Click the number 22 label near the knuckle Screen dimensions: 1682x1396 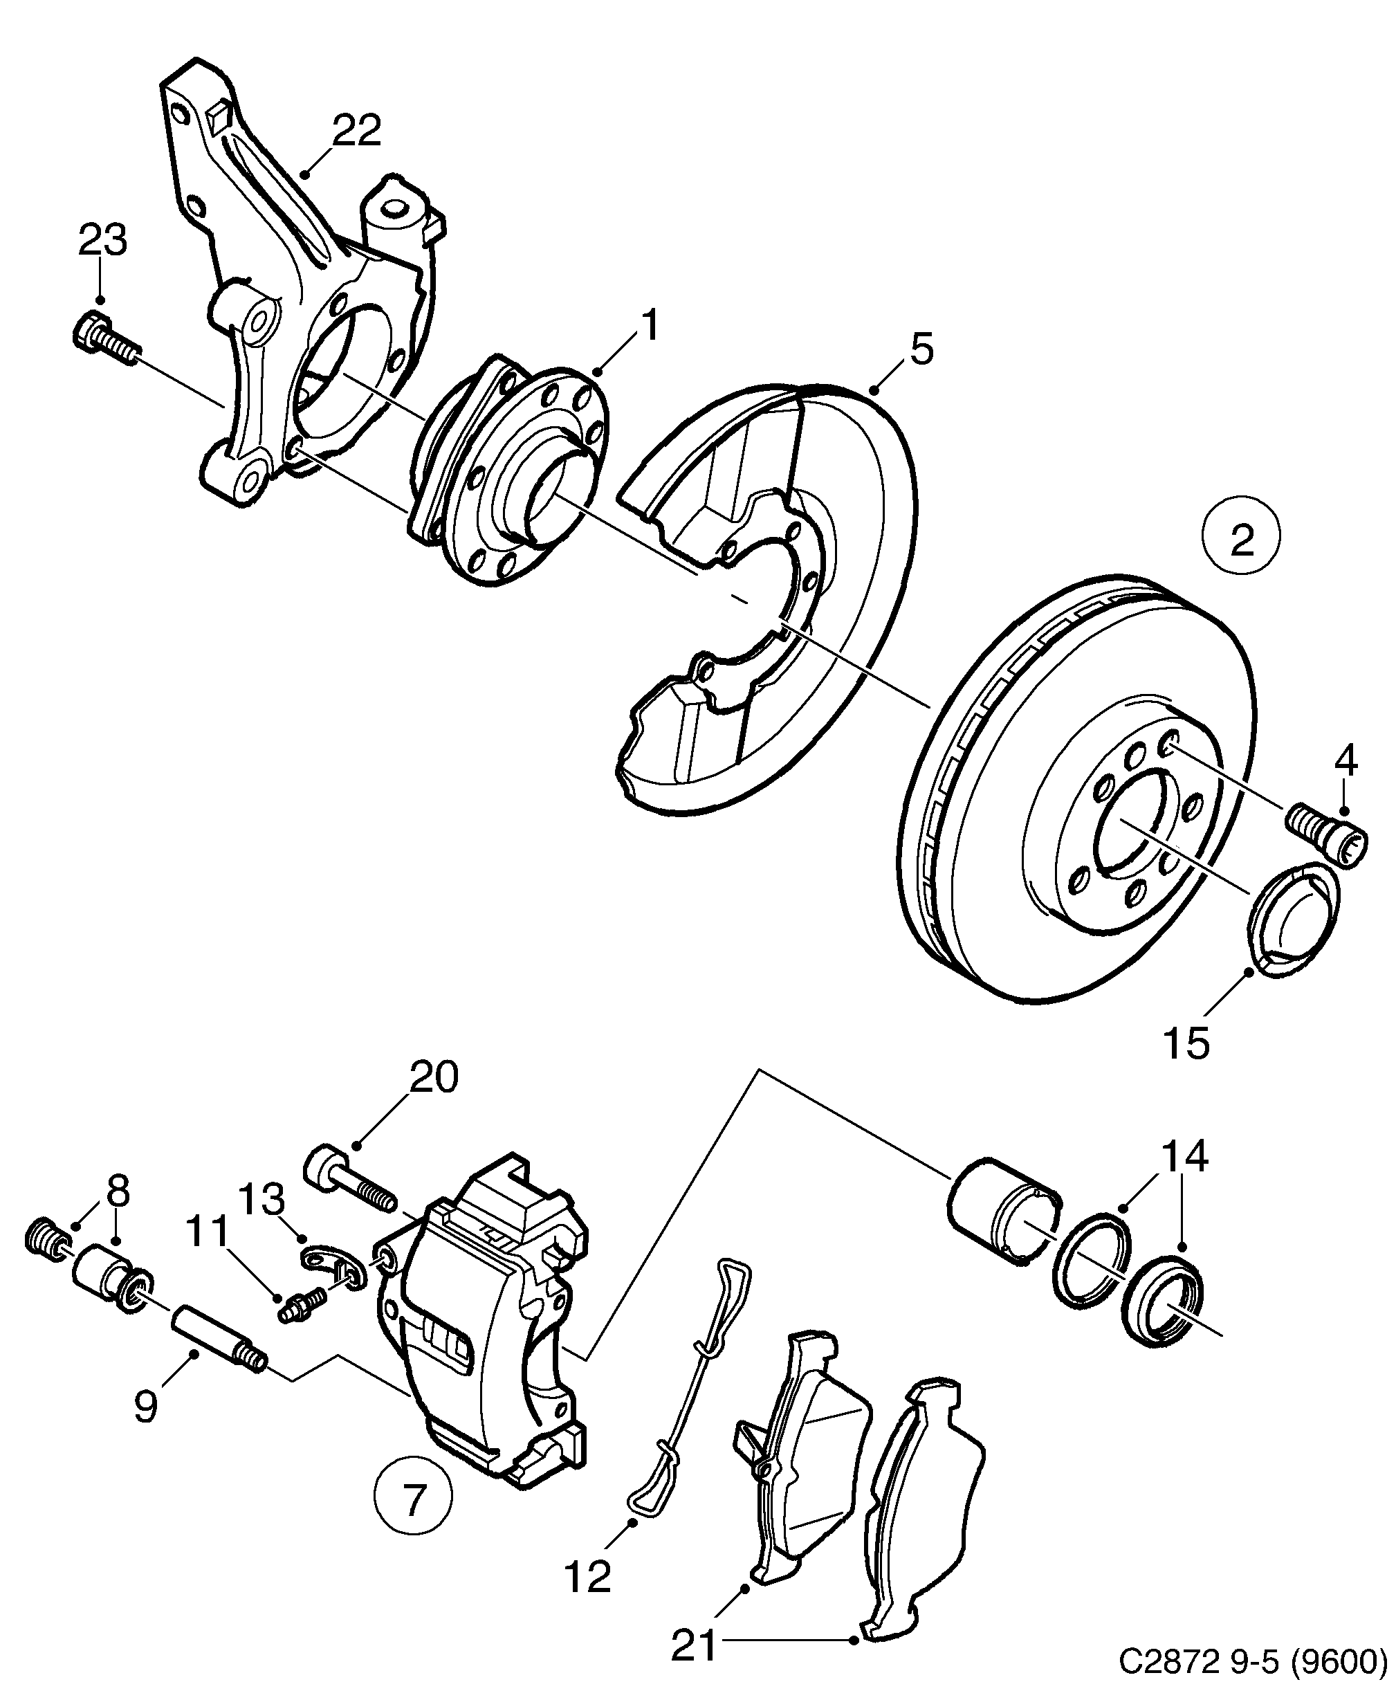356,130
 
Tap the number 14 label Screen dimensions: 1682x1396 1184,1158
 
